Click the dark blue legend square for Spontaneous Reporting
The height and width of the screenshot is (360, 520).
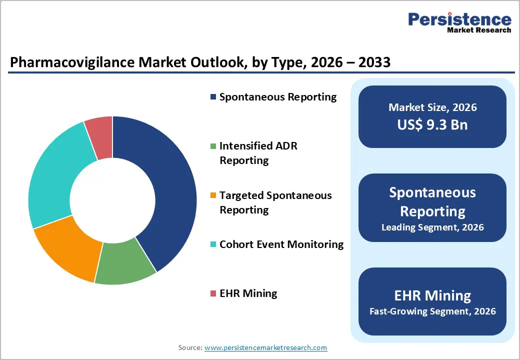[213, 97]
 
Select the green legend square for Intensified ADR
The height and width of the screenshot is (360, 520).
[213, 146]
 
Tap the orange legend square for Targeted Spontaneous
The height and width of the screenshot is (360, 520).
[213, 195]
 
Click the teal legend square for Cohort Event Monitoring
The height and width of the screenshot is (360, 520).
[213, 244]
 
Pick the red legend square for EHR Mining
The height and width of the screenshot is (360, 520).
[213, 293]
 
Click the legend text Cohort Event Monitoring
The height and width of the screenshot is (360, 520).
[281, 244]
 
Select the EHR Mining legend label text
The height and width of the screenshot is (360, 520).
[248, 293]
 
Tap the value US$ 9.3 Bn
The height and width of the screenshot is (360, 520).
[432, 124]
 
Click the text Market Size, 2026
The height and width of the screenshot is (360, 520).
[432, 107]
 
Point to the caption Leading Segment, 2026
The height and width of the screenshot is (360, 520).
[432, 227]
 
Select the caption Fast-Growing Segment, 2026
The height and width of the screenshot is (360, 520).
[432, 311]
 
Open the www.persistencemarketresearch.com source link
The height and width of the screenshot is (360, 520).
[265, 347]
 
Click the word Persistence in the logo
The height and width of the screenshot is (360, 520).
[459, 19]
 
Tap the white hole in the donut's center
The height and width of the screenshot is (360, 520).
[112, 200]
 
